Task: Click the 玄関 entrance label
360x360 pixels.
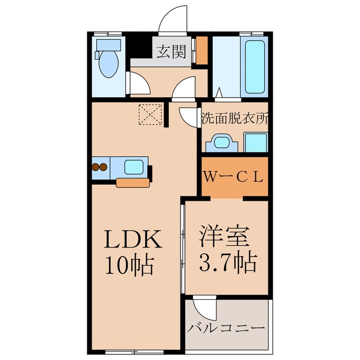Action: point(171,52)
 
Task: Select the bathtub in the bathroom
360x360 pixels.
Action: point(254,67)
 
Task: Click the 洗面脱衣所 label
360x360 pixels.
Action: point(235,119)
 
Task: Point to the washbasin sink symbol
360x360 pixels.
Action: point(222,143)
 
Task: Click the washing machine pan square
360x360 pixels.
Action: point(255,142)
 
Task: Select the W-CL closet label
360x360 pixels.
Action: point(233,177)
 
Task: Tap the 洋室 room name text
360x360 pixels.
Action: point(224,236)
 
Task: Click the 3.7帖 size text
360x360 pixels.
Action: point(227,262)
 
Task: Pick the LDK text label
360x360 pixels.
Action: point(133,239)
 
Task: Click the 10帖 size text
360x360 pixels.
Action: point(129,265)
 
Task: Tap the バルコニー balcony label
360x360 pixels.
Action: point(226,328)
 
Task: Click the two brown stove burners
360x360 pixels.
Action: point(100,167)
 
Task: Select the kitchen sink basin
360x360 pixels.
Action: point(134,167)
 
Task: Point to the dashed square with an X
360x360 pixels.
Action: point(150,114)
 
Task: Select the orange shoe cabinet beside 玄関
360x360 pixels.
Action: point(201,50)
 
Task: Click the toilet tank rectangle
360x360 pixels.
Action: point(109,45)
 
